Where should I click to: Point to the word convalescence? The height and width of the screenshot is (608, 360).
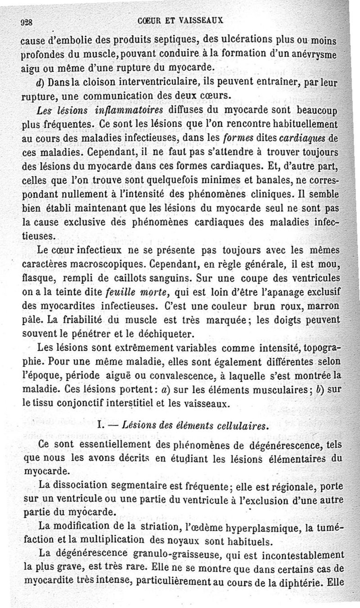click(184, 376)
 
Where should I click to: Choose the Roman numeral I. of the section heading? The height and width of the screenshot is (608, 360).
click(100, 426)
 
